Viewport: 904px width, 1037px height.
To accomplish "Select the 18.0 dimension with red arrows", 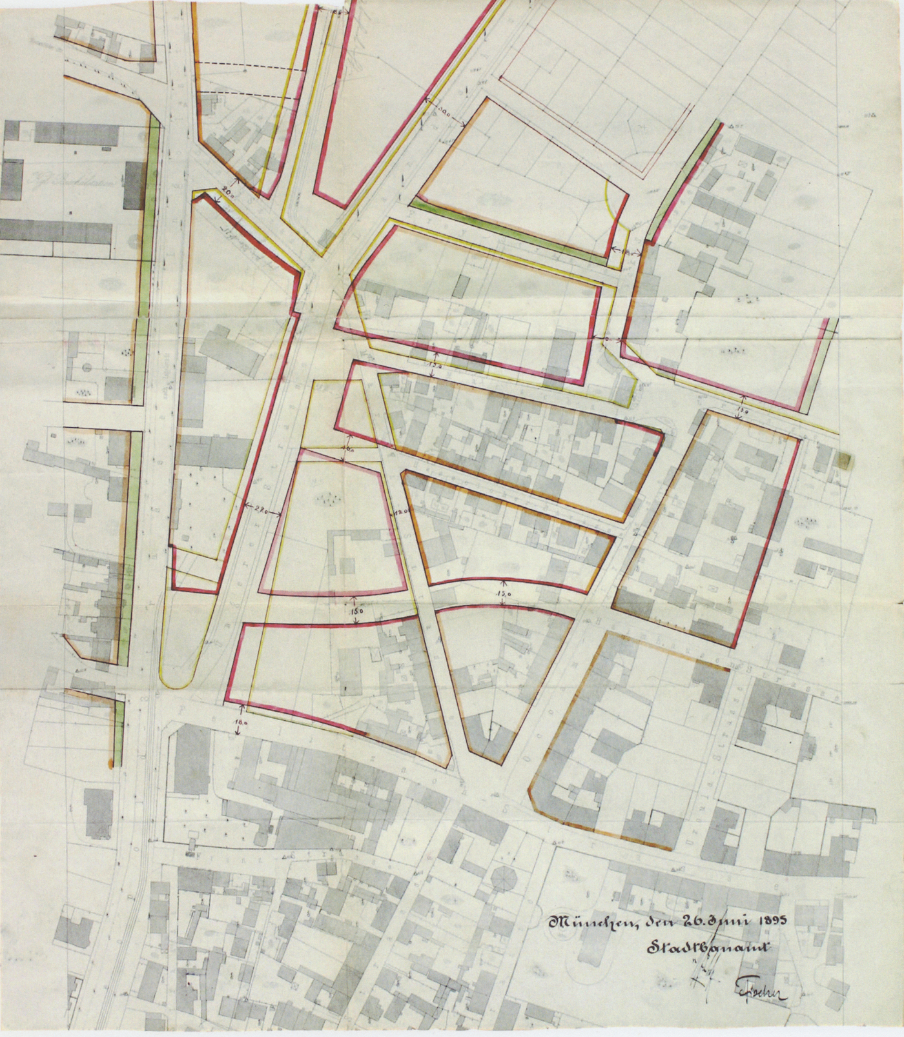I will [241, 724].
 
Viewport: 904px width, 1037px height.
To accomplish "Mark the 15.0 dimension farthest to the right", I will [743, 410].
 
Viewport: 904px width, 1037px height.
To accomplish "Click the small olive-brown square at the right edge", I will [844, 459].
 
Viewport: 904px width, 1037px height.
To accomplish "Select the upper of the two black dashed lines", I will [245, 63].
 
